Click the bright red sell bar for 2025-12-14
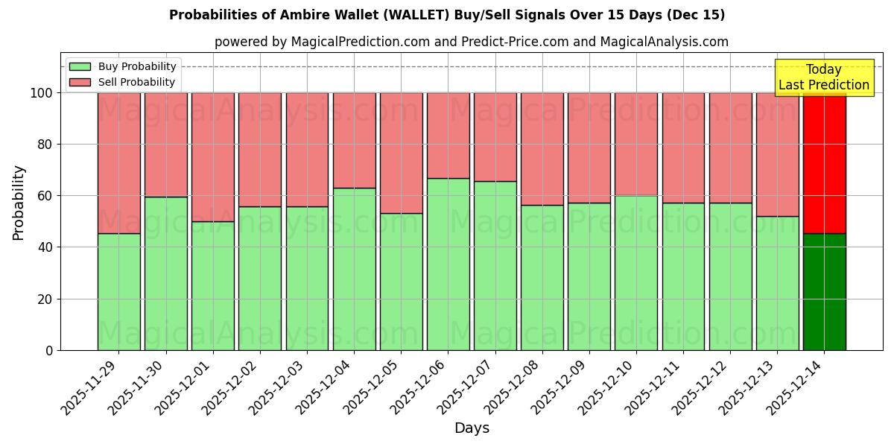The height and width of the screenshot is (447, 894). pos(824,163)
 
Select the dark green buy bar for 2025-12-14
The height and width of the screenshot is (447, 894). pos(824,292)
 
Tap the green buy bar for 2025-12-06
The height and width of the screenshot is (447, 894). pos(448,264)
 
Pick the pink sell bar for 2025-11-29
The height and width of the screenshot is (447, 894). pos(118,163)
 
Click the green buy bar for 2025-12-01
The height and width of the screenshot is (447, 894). pos(212,286)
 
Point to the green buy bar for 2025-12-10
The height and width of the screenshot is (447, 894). pos(636,273)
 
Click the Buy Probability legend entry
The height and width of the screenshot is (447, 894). pos(122,66)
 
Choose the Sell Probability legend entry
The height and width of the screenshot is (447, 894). pos(122,82)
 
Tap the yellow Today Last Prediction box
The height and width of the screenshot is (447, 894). pos(823,77)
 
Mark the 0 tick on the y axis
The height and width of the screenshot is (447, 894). pos(49,350)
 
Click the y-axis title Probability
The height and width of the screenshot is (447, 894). pos(19,203)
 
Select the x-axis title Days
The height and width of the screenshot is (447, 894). pos(472,428)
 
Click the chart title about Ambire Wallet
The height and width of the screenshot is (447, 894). pos(447,15)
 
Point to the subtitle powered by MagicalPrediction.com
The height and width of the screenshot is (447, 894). pos(471,42)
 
